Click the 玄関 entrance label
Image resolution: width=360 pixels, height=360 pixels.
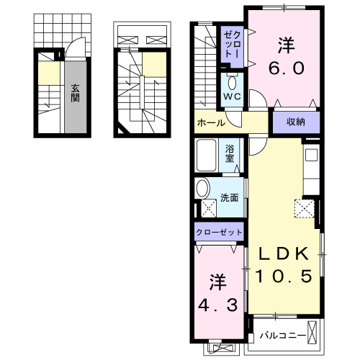(x=75, y=94)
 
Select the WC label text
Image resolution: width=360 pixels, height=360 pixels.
(x=232, y=96)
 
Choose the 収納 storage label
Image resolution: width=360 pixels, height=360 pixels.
(x=295, y=122)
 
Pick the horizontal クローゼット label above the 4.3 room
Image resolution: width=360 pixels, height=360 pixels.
(x=220, y=233)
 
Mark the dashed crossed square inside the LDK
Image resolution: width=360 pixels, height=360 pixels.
(x=304, y=210)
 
